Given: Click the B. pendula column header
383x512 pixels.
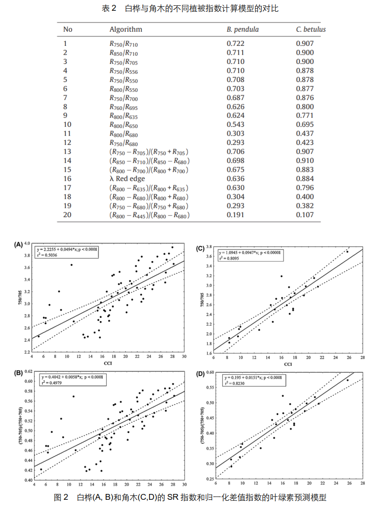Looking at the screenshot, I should tap(243, 29).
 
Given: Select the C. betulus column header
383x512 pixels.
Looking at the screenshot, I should tap(311, 29).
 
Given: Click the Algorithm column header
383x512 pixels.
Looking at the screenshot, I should tap(126, 29).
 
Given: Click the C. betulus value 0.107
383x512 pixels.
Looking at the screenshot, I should tap(305, 215).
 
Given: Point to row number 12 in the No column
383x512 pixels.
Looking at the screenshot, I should tap(67, 143).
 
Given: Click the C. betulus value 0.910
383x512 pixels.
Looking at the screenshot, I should tap(305, 161).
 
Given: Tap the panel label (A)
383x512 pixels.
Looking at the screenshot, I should tap(19, 244).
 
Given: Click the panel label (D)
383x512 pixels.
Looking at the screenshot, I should tap(200, 374).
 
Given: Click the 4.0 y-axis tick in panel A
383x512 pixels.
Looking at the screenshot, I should tap(28, 243).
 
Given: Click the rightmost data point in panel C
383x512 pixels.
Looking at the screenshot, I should tap(347, 252).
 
